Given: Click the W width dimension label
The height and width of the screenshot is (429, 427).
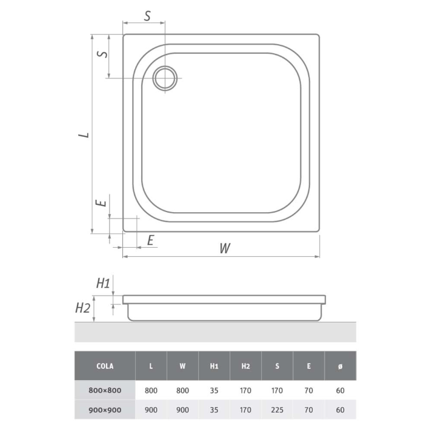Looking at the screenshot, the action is click(225, 248).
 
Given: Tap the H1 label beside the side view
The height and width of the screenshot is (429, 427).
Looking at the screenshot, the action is click(103, 284).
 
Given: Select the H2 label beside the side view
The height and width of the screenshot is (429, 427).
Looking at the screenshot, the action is click(82, 308).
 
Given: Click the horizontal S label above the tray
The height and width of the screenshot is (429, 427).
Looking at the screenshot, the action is click(147, 16).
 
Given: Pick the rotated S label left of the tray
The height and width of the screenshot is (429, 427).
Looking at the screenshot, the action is click(102, 53).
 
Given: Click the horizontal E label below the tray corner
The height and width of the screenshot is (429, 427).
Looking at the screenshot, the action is click(150, 240).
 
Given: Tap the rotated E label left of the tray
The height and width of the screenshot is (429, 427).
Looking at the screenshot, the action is click(101, 203).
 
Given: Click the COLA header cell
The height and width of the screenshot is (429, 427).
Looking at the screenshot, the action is click(105, 366).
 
